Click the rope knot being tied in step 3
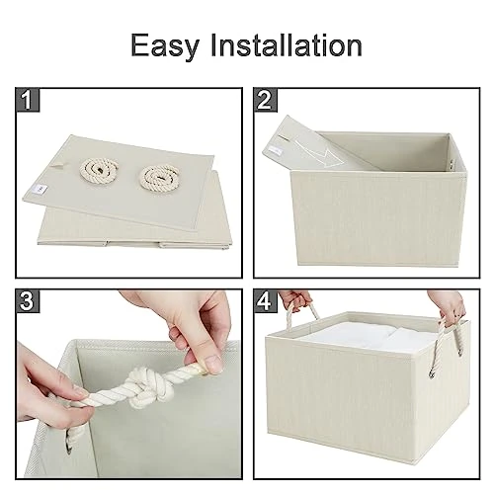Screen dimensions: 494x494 tap(154, 385)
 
